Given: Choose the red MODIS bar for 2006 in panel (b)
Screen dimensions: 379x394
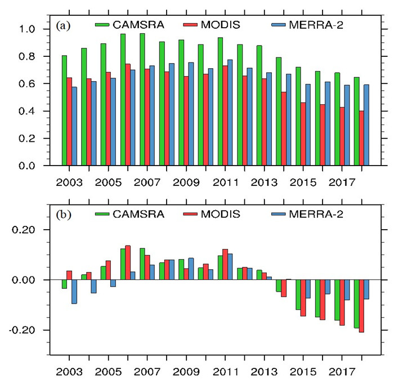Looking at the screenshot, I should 128,262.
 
